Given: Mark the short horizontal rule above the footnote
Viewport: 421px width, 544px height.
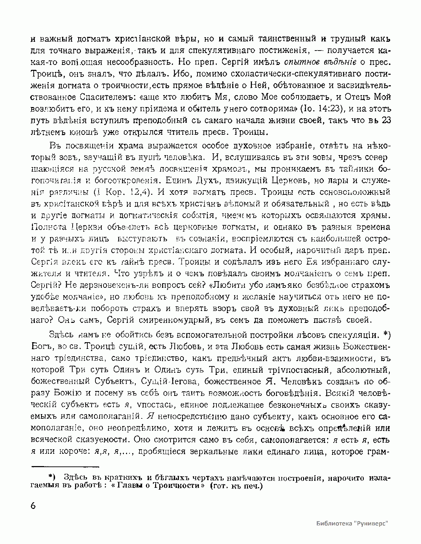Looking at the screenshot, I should (66, 467).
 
